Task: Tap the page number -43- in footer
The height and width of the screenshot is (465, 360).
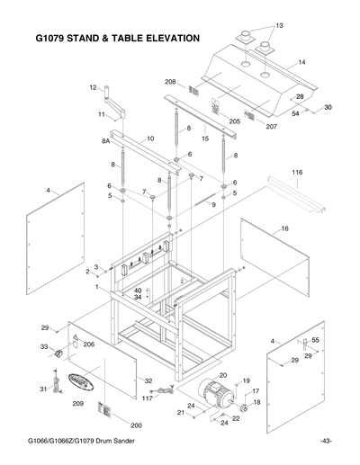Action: click(326, 440)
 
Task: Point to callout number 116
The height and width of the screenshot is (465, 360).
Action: click(296, 171)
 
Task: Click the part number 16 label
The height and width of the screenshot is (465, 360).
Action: click(284, 229)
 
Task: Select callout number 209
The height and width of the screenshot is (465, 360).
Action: click(78, 404)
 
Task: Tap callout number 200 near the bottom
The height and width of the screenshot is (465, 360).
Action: click(137, 425)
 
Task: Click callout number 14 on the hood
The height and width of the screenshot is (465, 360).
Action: click(301, 62)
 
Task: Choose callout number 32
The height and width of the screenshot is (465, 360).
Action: click(148, 380)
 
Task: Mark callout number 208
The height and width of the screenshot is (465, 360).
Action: click(170, 82)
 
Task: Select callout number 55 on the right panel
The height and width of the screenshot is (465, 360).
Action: click(316, 342)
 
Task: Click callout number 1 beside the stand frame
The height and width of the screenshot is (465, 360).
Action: click(97, 286)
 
